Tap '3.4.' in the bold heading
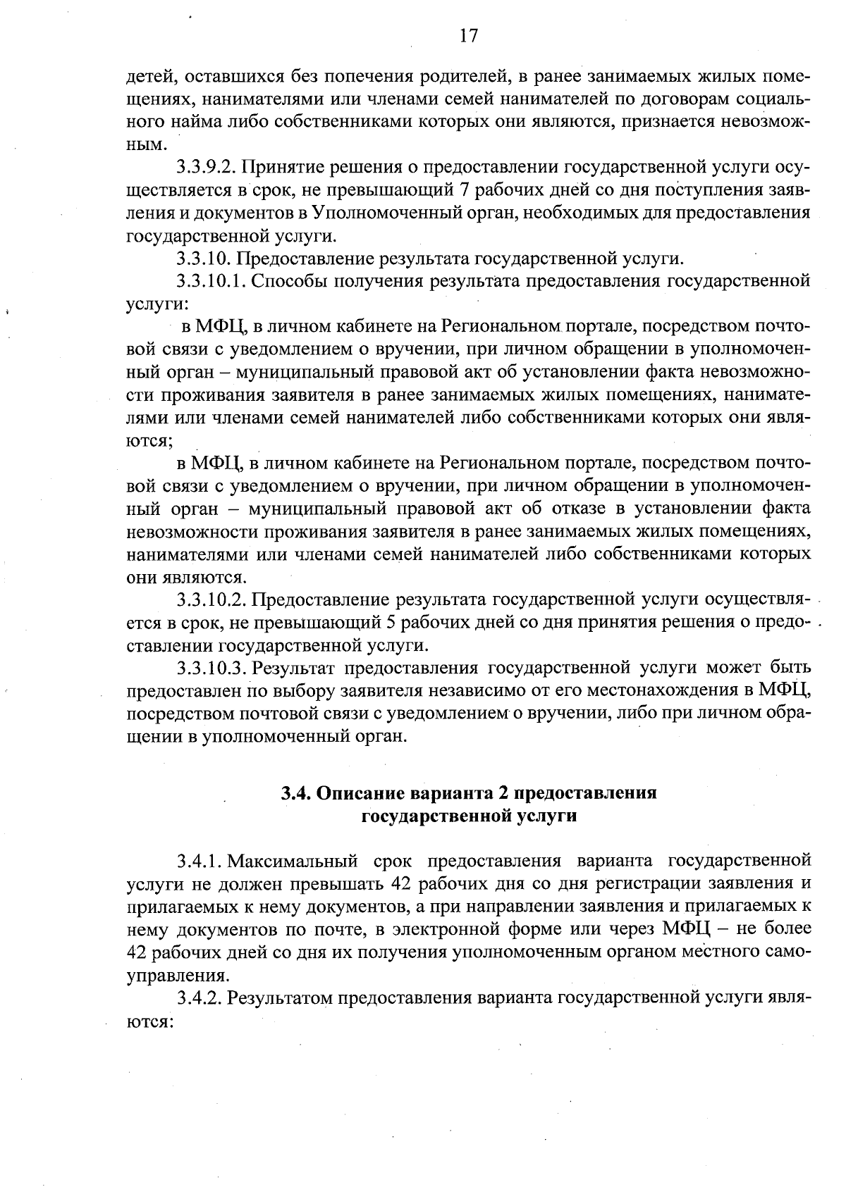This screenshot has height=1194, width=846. (x=295, y=793)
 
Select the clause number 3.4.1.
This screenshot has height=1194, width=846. (x=200, y=862)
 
